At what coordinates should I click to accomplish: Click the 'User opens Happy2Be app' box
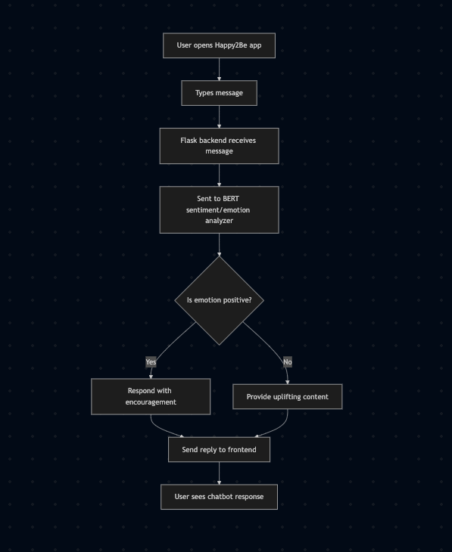pyautogui.click(x=219, y=45)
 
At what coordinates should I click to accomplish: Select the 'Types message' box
pyautogui.click(x=219, y=93)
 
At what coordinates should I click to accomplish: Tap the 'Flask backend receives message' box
pyautogui.click(x=219, y=146)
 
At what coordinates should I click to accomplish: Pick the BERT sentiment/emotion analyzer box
pyautogui.click(x=219, y=209)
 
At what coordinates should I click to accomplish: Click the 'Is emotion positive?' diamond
pyautogui.click(x=219, y=300)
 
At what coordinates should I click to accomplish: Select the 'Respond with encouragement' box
pyautogui.click(x=151, y=396)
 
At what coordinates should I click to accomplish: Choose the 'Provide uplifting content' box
pyautogui.click(x=288, y=397)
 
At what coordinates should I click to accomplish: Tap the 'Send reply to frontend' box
pyautogui.click(x=219, y=450)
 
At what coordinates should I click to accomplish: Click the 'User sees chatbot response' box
pyautogui.click(x=219, y=497)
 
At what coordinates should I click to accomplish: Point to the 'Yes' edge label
pyautogui.click(x=151, y=362)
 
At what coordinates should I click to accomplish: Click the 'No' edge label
pyautogui.click(x=288, y=362)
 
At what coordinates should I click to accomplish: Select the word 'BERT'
pyautogui.click(x=231, y=199)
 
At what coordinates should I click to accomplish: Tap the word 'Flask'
pyautogui.click(x=189, y=141)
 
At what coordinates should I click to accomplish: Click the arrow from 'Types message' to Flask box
pyautogui.click(x=219, y=117)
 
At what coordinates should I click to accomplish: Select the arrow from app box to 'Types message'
pyautogui.click(x=219, y=70)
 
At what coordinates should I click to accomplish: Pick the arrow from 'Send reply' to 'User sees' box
pyautogui.click(x=219, y=473)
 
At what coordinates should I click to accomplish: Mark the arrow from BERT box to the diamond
pyautogui.click(x=219, y=245)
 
